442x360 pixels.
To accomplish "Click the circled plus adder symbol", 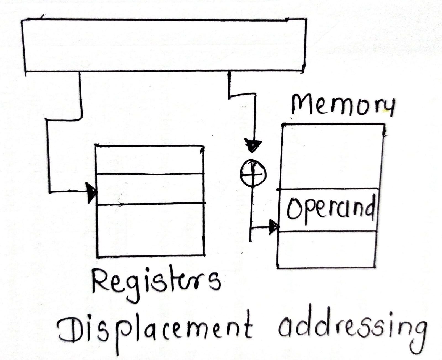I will point(253,173).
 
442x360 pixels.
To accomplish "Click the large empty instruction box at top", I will point(164,46).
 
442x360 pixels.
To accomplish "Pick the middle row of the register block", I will point(151,189).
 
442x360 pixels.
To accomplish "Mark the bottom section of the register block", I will point(151,229).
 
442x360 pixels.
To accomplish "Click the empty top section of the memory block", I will point(331,156).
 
